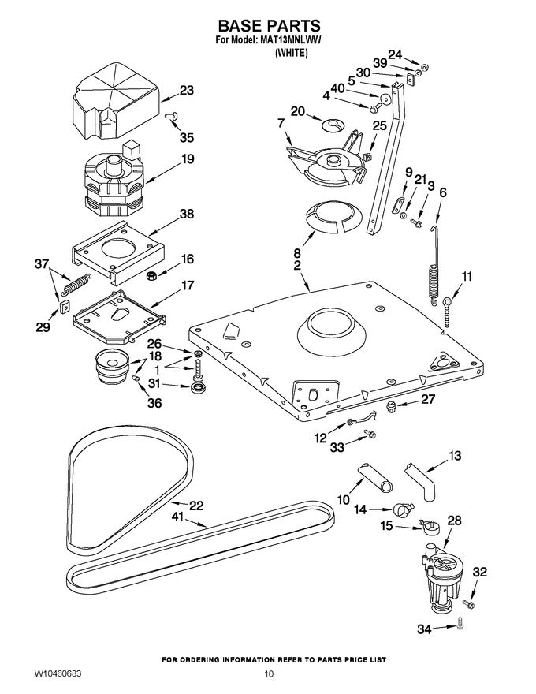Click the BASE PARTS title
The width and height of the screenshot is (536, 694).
pyautogui.click(x=268, y=26)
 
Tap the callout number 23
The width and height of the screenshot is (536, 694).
pyautogui.click(x=186, y=91)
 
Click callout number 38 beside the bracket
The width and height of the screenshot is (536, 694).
pyautogui.click(x=186, y=215)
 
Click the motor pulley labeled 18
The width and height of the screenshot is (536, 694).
pyautogui.click(x=110, y=366)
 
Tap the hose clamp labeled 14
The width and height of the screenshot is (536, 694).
pyautogui.click(x=400, y=510)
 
